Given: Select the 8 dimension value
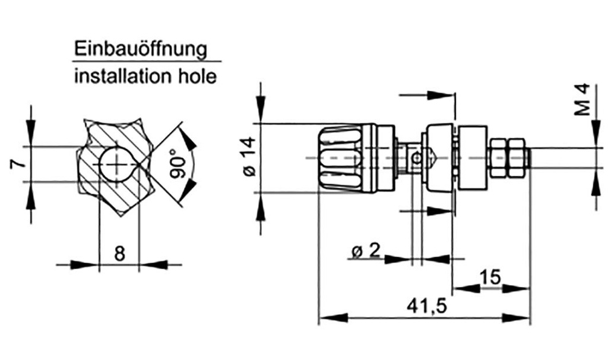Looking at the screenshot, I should point(119,254).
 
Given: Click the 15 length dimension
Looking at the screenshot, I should point(491,277).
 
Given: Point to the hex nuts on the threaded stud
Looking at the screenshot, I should point(506,157).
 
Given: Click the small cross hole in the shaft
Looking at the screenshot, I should point(417,158).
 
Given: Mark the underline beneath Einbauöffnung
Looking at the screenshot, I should point(147,61).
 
